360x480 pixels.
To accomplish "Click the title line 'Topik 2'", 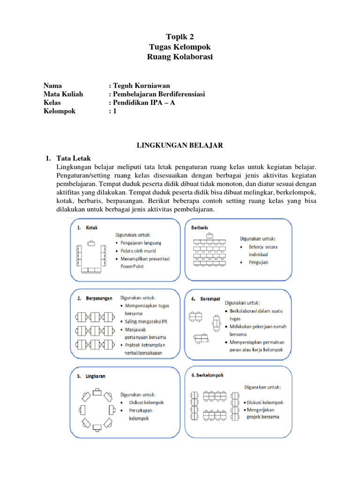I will pyautogui.click(x=180, y=37).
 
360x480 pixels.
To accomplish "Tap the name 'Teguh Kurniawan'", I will pyautogui.click(x=140, y=85).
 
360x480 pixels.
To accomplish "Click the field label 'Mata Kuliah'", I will pyautogui.click(x=63, y=94).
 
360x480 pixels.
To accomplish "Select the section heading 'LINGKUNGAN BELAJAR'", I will pyautogui.click(x=180, y=146).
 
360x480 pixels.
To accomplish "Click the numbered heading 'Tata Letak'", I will pyautogui.click(x=74, y=158).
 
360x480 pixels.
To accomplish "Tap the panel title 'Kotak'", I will pyautogui.click(x=92, y=228).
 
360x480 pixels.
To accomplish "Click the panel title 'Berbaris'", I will pyautogui.click(x=202, y=227).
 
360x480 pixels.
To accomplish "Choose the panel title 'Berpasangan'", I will pyautogui.click(x=99, y=297).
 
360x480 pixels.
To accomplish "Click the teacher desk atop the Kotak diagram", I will pyautogui.click(x=91, y=242).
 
